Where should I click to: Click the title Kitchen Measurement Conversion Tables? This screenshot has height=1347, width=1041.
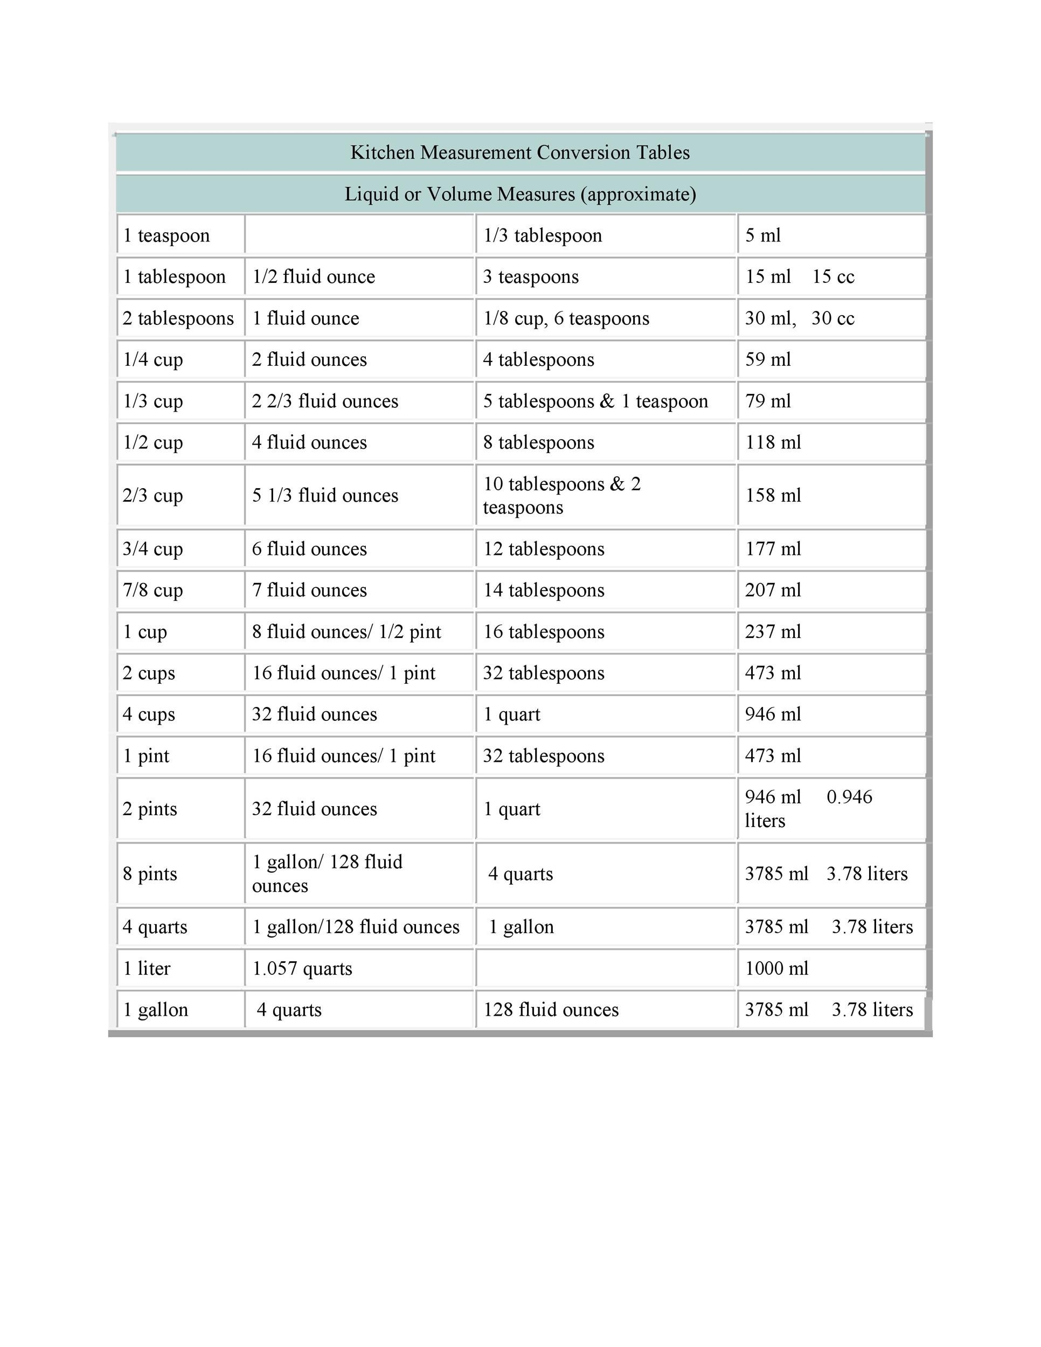[x=520, y=152]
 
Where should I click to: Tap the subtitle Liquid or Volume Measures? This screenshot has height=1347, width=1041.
[x=520, y=195]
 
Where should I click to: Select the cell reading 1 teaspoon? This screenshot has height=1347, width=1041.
[x=166, y=235]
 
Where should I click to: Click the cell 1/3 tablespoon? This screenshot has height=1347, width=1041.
[x=543, y=235]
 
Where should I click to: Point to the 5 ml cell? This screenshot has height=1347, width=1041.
[x=763, y=235]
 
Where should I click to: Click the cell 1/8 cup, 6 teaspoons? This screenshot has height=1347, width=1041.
[x=566, y=318]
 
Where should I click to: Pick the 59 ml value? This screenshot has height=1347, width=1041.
[x=768, y=359]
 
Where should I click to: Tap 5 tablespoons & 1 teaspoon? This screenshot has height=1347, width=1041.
[x=595, y=401]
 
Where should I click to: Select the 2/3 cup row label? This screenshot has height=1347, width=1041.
[x=153, y=496]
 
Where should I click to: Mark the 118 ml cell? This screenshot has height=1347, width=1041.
[x=773, y=443]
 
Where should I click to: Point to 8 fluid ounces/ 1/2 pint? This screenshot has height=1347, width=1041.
[x=346, y=632]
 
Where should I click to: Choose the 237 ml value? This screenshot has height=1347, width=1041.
[x=773, y=632]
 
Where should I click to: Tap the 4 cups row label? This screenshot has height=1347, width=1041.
[x=149, y=715]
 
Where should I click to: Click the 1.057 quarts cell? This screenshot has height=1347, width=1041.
[x=302, y=969]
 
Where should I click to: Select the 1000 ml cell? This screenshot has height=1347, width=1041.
[x=776, y=969]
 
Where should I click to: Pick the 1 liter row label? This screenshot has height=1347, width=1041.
[x=147, y=969]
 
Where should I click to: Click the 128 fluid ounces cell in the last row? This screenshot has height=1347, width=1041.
[x=551, y=1010]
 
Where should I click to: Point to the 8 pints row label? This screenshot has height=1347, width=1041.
[x=150, y=874]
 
